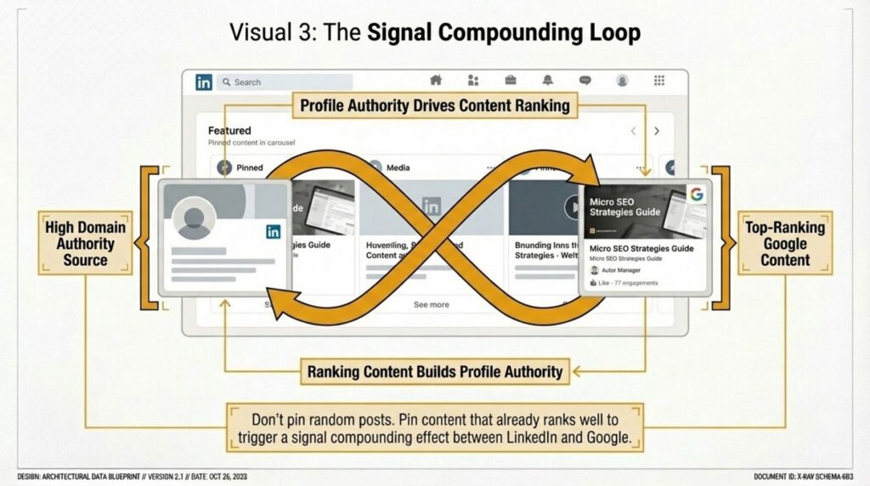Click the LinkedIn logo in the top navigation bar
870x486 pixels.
[204, 82]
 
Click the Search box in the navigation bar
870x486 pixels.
[284, 82]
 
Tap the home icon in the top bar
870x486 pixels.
[436, 81]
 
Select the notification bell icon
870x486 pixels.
[548, 81]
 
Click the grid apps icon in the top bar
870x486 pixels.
[658, 81]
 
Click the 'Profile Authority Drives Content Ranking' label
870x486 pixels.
[434, 107]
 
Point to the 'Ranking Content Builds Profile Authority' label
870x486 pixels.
[435, 371]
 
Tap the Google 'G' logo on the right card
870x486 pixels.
[697, 194]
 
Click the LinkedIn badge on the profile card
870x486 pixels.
[273, 231]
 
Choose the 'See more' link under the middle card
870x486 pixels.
[432, 304]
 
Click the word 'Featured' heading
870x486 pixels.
[229, 131]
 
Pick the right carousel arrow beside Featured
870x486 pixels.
[657, 132]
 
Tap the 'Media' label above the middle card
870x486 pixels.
[398, 168]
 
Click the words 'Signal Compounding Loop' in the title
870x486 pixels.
[504, 33]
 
